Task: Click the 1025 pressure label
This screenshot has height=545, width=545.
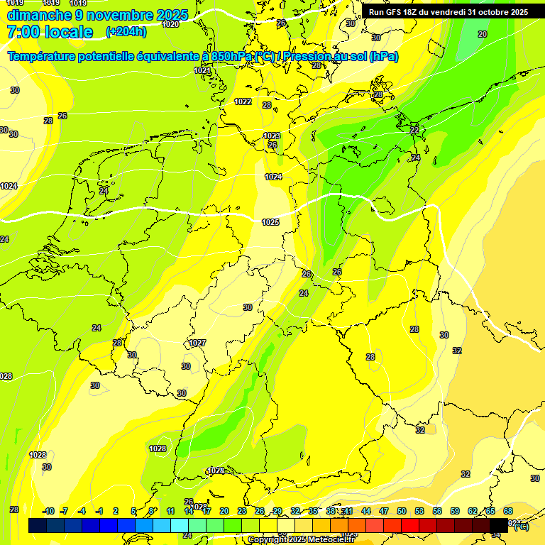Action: click(270, 222)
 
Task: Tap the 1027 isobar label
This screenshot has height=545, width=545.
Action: click(197, 343)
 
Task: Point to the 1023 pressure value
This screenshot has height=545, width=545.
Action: click(272, 136)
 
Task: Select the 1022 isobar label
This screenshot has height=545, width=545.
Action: click(243, 101)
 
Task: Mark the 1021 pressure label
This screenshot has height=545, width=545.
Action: click(202, 70)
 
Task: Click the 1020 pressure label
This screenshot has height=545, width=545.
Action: click(170, 24)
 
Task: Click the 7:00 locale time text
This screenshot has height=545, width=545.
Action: click(50, 32)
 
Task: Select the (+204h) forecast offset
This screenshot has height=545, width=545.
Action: click(126, 31)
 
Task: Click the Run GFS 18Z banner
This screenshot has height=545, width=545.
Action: click(448, 12)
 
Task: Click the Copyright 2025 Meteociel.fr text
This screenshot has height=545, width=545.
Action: click(301, 539)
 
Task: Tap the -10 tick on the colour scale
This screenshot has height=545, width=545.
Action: click(48, 511)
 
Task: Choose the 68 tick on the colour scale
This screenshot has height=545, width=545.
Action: click(508, 511)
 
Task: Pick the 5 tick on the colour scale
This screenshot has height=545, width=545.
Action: click(134, 511)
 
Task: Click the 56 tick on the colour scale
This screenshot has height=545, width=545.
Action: click(437, 511)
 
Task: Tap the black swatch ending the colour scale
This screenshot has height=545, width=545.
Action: click(499, 525)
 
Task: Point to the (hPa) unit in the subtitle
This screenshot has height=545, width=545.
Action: click(384, 57)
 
